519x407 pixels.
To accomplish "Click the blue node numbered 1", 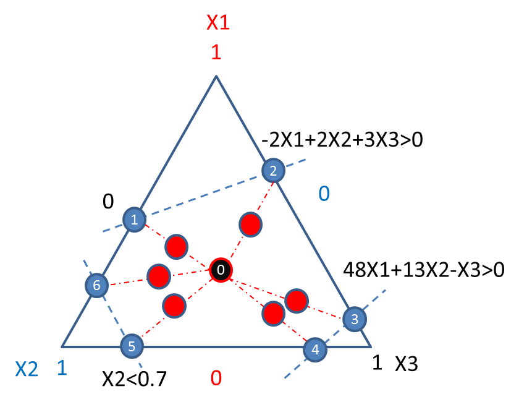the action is [x=135, y=220].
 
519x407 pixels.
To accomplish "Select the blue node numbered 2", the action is [x=273, y=170].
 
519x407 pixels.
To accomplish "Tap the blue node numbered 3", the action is [x=355, y=319].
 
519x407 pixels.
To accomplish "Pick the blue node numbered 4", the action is [x=315, y=349].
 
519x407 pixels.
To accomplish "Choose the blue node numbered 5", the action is [x=132, y=346].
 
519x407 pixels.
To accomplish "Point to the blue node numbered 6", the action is [x=96, y=285].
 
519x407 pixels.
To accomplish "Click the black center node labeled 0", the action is [x=221, y=270].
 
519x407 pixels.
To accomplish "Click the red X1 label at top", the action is [x=218, y=22].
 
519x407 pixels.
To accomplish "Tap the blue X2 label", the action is [x=27, y=369].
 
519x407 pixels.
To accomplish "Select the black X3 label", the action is [x=407, y=364].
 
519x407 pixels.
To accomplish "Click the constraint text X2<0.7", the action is [x=134, y=379].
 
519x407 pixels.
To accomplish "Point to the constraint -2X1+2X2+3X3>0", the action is [x=342, y=140].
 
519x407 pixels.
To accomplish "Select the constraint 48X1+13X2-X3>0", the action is [x=424, y=270].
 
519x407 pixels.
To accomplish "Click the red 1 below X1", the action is [x=216, y=53].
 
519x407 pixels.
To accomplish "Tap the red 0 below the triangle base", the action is [x=216, y=378].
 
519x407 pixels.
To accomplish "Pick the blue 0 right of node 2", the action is [x=324, y=193].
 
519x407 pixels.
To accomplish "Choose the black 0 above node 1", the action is [x=108, y=201].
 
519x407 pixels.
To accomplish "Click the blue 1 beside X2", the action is [x=62, y=368].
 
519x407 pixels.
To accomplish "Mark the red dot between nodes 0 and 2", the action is [x=251, y=225].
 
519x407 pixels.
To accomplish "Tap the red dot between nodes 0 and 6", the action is [x=159, y=276].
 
